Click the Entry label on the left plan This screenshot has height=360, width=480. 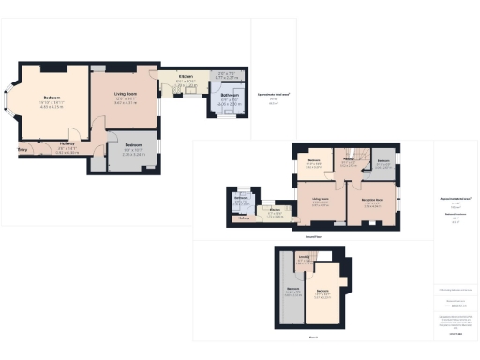(x=21, y=148)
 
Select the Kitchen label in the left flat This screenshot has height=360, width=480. (x=186, y=76)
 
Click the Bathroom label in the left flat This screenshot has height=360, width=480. (x=229, y=95)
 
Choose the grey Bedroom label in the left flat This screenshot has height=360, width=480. (x=134, y=145)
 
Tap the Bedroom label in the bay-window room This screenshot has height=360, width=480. (x=51, y=97)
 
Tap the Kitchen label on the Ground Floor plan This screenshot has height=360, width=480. (x=276, y=211)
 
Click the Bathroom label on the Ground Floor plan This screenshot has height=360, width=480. (x=240, y=198)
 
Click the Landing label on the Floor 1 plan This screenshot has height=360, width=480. (x=305, y=260)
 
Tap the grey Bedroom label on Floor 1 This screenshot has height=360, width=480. (x=292, y=287)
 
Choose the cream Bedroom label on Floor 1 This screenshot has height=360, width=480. (x=323, y=292)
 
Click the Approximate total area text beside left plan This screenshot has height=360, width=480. (x=274, y=94)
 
